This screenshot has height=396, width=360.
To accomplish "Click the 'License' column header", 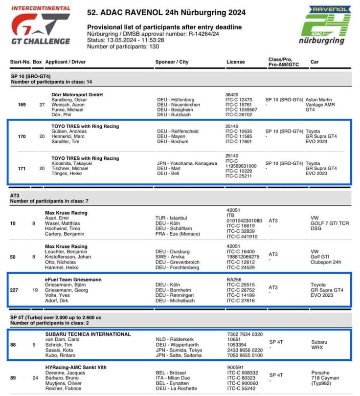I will click(236, 62).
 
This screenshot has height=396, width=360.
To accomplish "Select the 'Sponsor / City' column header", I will click(172, 62).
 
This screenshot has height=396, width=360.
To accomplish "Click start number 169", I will click(22, 104).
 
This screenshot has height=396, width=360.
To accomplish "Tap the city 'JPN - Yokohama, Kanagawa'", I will click(187, 163).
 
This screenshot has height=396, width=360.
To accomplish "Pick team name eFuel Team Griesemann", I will click(73, 279).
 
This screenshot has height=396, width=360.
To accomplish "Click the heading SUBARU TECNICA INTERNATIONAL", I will click(88, 334).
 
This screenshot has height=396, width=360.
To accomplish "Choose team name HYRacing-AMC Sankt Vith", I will click(75, 367).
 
